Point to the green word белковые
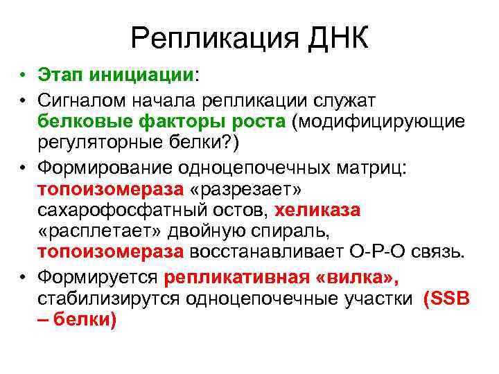83,122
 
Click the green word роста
254,122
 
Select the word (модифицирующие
377,122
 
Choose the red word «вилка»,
360,278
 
